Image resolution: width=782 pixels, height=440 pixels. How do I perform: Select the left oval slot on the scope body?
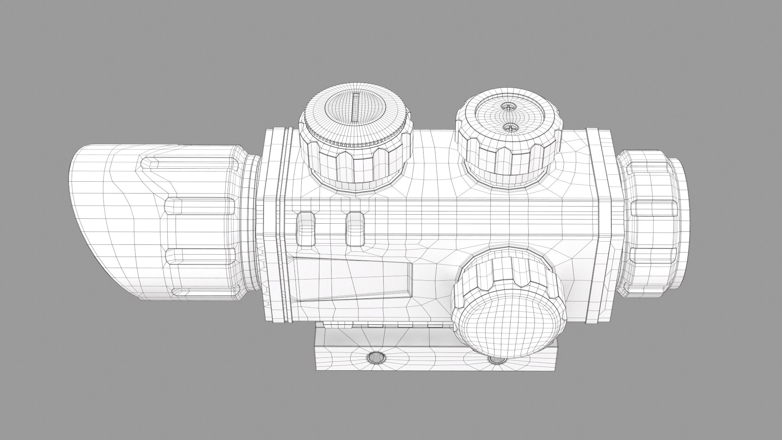point(306,229)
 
